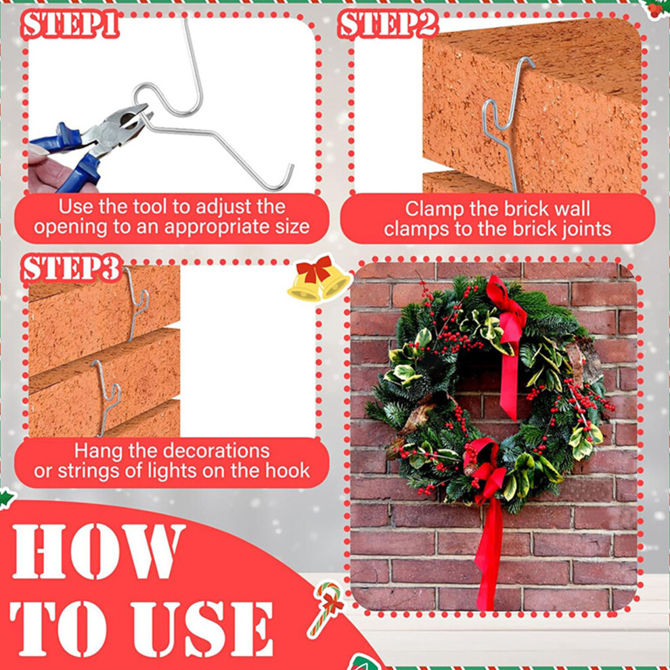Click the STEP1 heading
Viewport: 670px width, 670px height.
70,24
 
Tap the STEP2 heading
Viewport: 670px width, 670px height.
388,24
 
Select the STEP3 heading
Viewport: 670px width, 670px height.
71,269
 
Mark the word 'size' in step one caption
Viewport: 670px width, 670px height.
292,227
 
